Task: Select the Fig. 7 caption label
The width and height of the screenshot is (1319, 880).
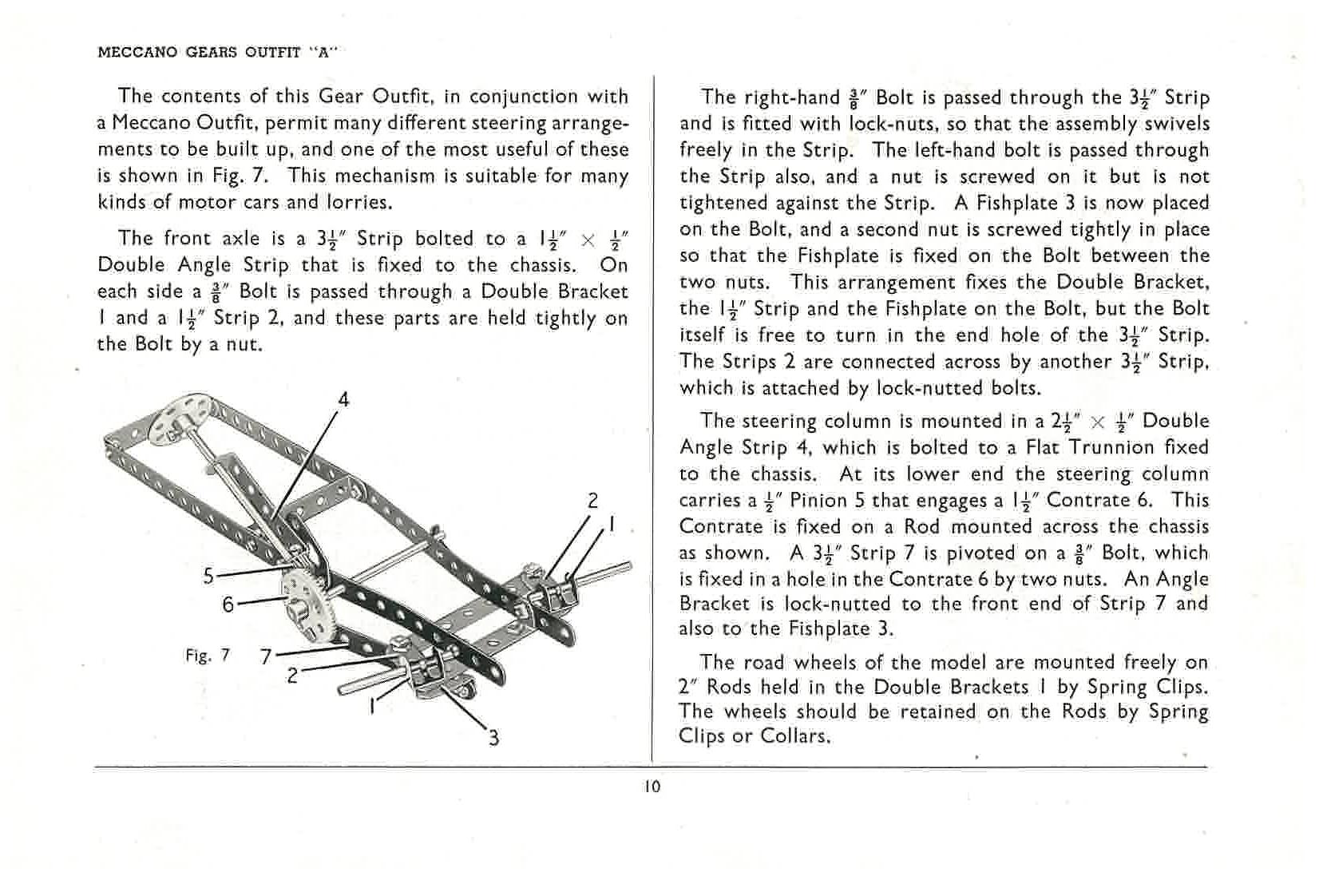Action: (x=207, y=656)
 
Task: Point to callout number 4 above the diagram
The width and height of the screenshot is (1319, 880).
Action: (x=343, y=399)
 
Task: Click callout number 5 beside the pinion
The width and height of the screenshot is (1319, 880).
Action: (x=208, y=575)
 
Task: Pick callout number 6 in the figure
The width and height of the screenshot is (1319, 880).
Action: (x=228, y=605)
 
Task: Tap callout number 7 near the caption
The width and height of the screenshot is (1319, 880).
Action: (x=267, y=657)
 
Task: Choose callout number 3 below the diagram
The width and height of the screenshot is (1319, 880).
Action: (x=494, y=737)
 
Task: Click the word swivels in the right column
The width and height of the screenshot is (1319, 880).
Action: (x=1177, y=124)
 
